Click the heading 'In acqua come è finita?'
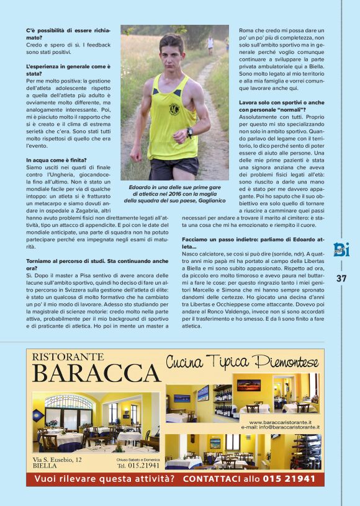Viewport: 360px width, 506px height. click(x=56, y=160)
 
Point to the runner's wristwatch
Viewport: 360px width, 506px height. click(x=189, y=131)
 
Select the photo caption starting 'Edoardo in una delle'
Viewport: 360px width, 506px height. click(x=174, y=193)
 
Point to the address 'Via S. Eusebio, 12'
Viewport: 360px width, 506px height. click(x=57, y=459)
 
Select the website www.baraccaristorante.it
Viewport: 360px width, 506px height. click(x=276, y=422)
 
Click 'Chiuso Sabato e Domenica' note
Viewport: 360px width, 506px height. click(x=138, y=459)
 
